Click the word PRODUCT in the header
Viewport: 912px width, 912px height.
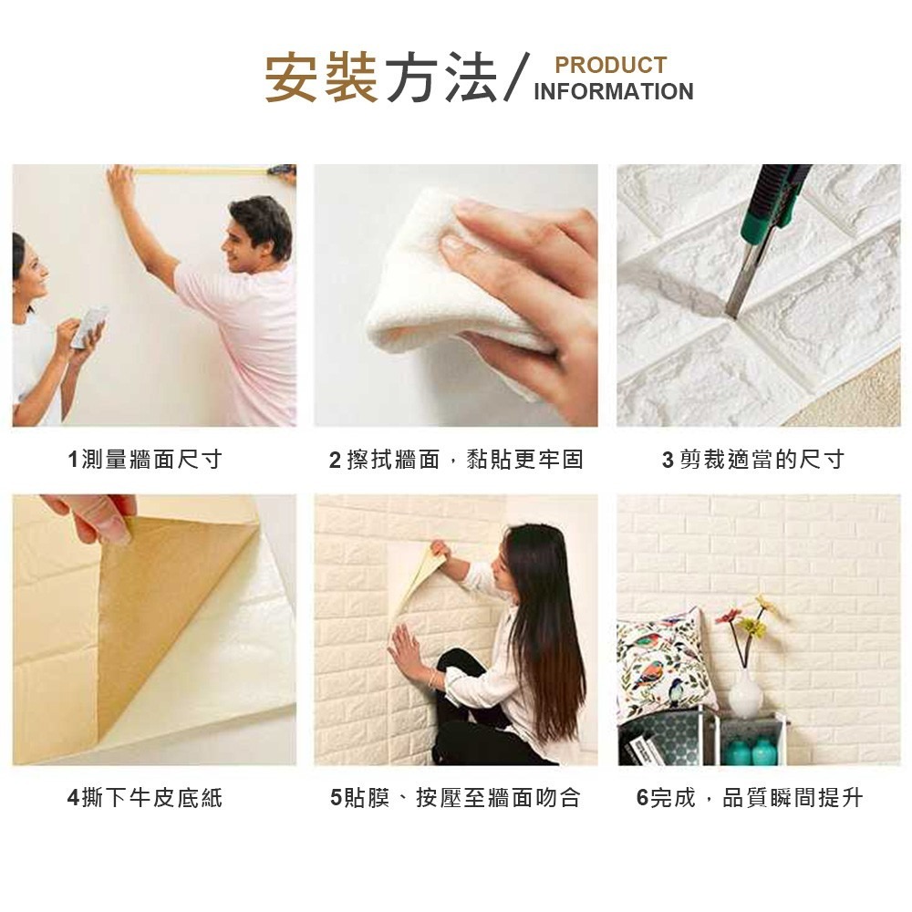pyautogui.click(x=610, y=65)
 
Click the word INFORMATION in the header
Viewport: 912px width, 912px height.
pyautogui.click(x=613, y=92)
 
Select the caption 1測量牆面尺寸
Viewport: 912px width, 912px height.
pyautogui.click(x=145, y=460)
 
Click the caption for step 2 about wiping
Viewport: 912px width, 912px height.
pyautogui.click(x=456, y=460)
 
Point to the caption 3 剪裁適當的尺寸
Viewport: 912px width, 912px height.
pyautogui.click(x=753, y=460)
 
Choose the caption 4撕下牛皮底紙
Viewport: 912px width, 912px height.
pyautogui.click(x=145, y=799)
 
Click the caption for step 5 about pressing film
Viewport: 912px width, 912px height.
pyautogui.click(x=455, y=799)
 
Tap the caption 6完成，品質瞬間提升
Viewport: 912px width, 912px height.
pyautogui.click(x=749, y=799)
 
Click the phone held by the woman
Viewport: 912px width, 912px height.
pyautogui.click(x=88, y=326)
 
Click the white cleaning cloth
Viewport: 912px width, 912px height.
pyautogui.click(x=438, y=283)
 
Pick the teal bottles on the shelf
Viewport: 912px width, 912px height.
pyautogui.click(x=751, y=751)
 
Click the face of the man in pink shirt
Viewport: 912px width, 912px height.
pyautogui.click(x=254, y=239)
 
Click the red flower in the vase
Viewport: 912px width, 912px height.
pyautogui.click(x=725, y=617)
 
